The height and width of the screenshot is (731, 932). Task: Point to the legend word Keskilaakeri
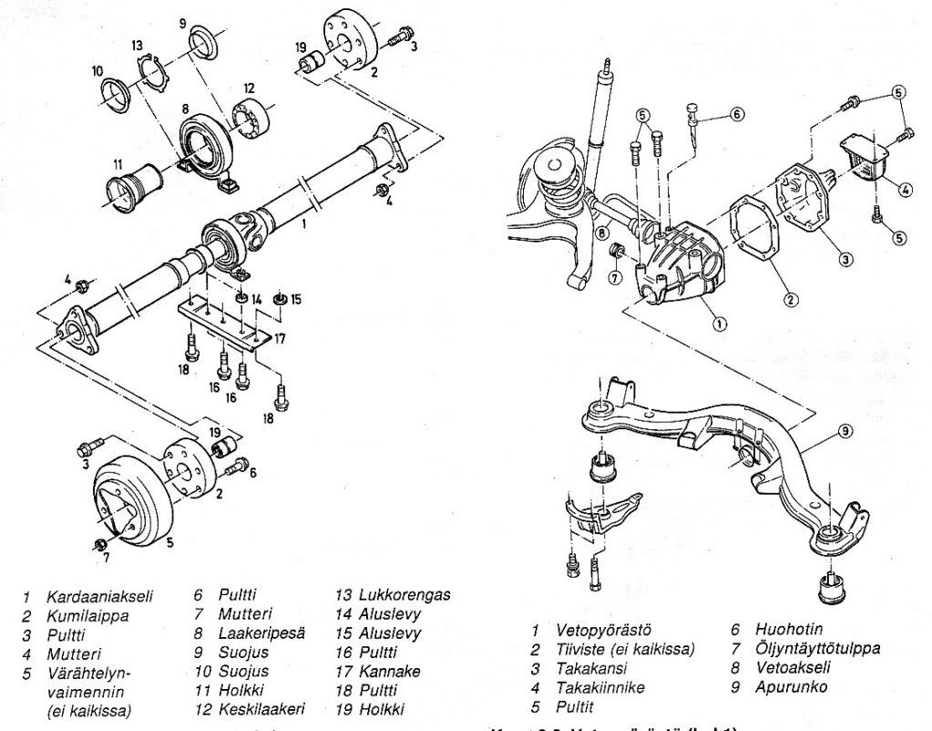pos(261,708)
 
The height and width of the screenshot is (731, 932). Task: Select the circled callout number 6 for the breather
pos(736,115)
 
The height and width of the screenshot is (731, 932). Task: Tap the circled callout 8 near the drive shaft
pos(603,233)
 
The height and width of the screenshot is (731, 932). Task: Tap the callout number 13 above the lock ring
pos(138,46)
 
